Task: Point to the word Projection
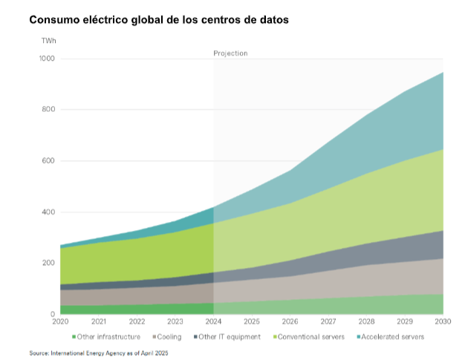[230, 53]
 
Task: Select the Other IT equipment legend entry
[229, 337]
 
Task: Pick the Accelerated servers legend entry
[391, 337]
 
